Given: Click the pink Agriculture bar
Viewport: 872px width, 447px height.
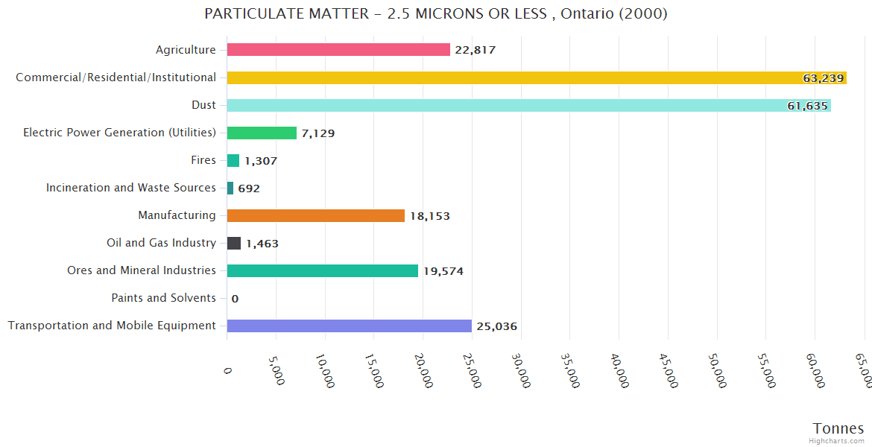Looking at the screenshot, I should [338, 50].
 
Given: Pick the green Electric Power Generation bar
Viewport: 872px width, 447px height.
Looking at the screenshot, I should [262, 133].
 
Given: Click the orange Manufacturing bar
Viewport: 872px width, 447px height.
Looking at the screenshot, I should [315, 215].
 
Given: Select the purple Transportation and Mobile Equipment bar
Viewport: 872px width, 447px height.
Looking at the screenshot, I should [349, 326].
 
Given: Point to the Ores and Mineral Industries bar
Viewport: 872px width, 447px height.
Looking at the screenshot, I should [322, 270].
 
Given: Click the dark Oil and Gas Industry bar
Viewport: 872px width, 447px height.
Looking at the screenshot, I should [234, 243].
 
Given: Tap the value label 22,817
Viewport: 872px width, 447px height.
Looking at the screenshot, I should [475, 50].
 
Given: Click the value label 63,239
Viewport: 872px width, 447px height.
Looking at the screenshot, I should [823, 78].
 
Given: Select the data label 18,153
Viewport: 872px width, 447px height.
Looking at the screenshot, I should [429, 216].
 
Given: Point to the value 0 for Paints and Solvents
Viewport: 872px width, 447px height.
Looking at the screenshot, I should [235, 299].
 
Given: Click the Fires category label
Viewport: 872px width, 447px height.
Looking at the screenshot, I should [203, 160].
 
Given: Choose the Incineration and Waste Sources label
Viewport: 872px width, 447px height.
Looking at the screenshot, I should [131, 188].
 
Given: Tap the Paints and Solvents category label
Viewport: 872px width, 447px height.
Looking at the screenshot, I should [163, 298].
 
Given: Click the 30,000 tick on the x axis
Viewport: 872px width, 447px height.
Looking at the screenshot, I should [522, 371].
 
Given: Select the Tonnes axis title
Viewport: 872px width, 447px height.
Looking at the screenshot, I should [838, 428].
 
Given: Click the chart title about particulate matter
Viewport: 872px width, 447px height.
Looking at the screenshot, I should [436, 14].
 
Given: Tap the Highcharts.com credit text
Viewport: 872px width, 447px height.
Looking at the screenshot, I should [836, 441].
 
